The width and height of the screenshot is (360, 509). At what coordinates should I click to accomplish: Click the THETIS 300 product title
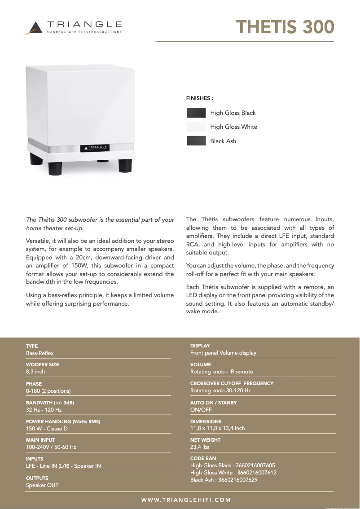pyautogui.click(x=285, y=27)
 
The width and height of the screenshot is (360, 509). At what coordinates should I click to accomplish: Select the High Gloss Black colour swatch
pyautogui.click(x=196, y=113)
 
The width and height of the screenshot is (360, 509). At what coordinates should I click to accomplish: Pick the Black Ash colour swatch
pyautogui.click(x=196, y=141)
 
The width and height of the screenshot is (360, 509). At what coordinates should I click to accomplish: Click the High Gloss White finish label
pyautogui.click(x=233, y=127)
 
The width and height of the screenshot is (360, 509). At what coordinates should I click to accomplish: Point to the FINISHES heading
pyautogui.click(x=200, y=98)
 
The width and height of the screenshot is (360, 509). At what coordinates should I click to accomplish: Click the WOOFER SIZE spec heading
pyautogui.click(x=42, y=365)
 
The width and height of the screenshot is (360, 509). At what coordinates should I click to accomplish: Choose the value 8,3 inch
pyautogui.click(x=35, y=372)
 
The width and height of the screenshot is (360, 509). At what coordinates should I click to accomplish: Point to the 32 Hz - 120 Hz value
pyautogui.click(x=44, y=410)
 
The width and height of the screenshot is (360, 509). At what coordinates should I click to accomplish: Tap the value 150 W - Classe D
pyautogui.click(x=47, y=429)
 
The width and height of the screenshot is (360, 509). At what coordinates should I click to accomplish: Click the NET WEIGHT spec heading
pyautogui.click(x=205, y=440)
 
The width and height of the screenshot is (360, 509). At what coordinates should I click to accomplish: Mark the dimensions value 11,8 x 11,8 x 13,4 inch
pyautogui.click(x=217, y=428)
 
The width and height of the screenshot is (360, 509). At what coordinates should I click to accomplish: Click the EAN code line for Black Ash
pyautogui.click(x=224, y=480)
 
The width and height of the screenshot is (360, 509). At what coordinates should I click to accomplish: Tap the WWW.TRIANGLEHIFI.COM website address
pyautogui.click(x=186, y=500)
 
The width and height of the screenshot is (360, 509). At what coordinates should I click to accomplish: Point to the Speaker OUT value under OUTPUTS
pyautogui.click(x=42, y=485)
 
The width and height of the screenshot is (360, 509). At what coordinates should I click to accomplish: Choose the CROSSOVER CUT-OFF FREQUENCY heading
pyautogui.click(x=232, y=384)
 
